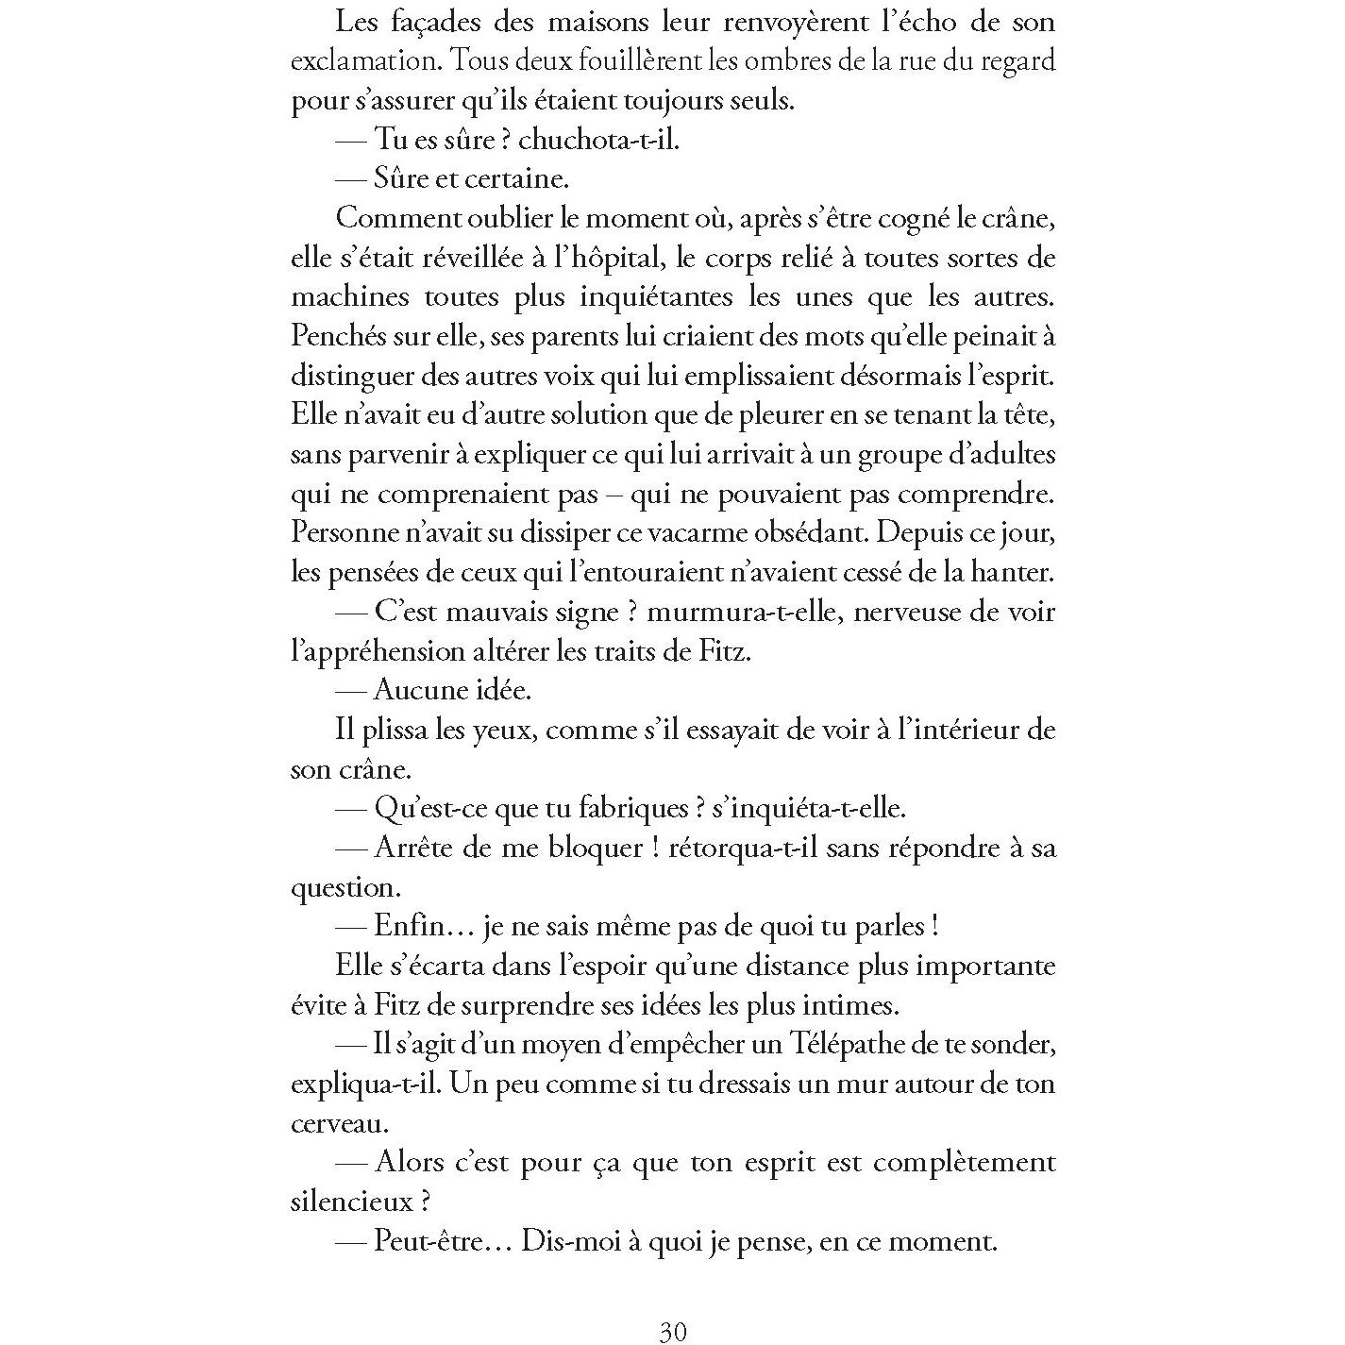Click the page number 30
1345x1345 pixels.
[672, 1331]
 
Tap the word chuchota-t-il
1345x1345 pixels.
[598, 141]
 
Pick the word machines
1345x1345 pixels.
[350, 297]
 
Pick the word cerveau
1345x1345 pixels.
[339, 1124]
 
